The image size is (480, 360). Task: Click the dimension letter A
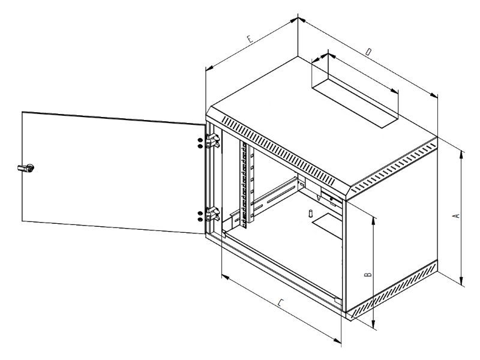pos(457,216)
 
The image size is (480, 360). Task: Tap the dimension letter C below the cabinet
pos(281,303)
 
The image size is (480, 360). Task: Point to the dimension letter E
pos(250,39)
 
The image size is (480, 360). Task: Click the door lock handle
pos(26,168)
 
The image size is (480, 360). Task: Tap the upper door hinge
pos(213,141)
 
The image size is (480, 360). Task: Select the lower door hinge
pos(213,214)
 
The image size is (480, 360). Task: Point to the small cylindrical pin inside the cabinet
pos(311,213)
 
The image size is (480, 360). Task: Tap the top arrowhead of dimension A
pos(461,154)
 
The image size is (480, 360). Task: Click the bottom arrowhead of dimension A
pos(461,281)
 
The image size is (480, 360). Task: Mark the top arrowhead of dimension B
pos(373,220)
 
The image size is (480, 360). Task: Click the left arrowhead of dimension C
pos(226,277)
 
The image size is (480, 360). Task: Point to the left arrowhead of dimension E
pos(209,68)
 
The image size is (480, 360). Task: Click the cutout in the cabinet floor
pos(327,226)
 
